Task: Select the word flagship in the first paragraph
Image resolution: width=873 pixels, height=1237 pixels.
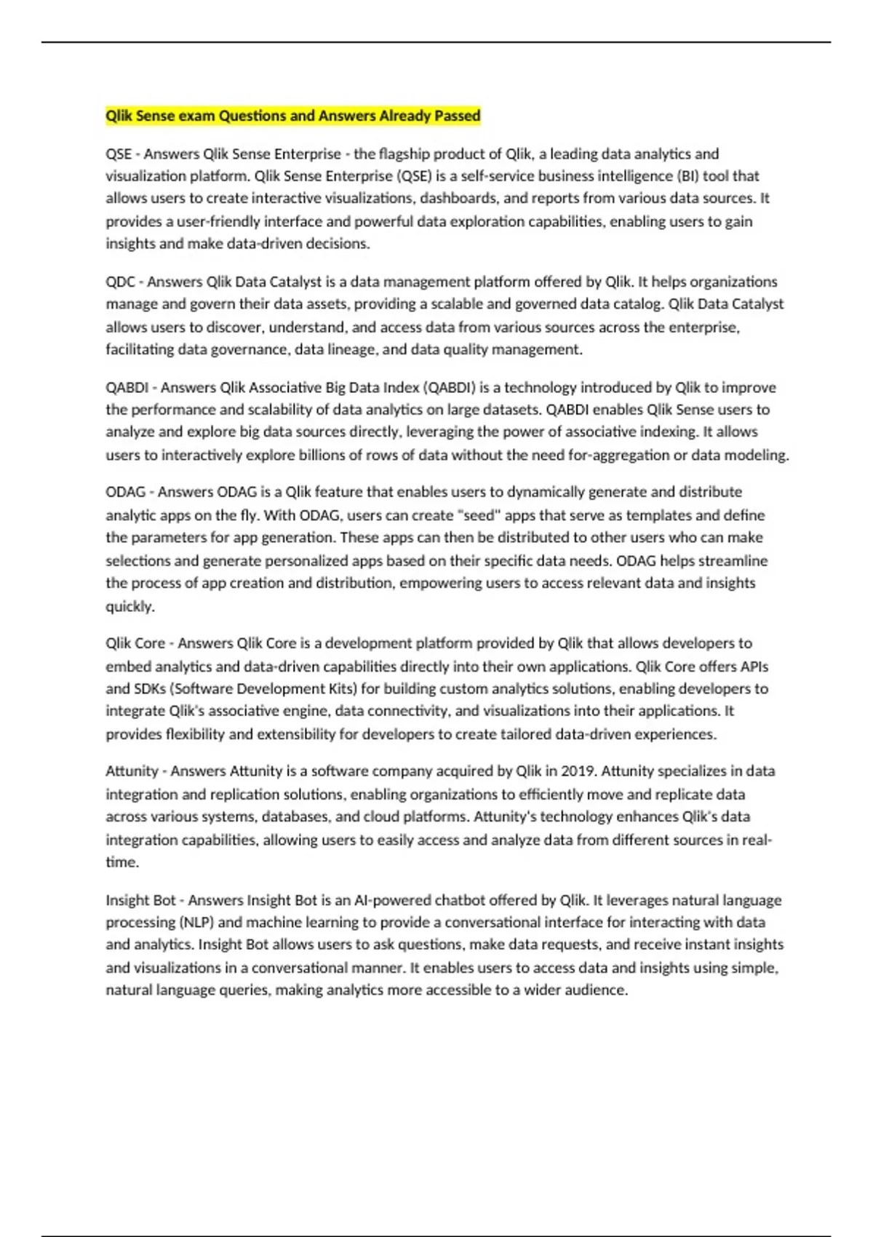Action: pos(403,154)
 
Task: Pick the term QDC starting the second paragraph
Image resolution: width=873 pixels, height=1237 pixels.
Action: pos(120,282)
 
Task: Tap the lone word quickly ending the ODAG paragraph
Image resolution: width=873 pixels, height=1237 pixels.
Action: pos(130,606)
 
